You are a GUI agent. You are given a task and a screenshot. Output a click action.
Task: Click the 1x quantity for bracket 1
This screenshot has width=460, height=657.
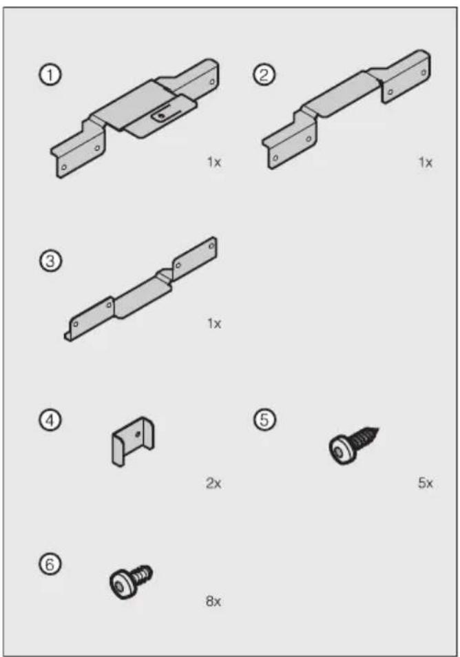[x=214, y=164]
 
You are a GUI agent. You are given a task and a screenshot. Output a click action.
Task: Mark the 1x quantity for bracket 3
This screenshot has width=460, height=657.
[x=214, y=323]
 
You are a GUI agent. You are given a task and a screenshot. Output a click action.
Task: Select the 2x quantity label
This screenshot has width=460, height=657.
[x=213, y=483]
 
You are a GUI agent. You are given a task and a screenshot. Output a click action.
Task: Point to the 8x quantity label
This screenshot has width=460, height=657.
[x=213, y=602]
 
